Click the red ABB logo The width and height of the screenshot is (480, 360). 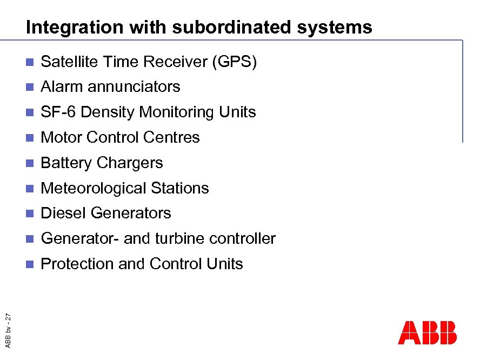pos(427,333)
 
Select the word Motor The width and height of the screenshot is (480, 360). pos(62,138)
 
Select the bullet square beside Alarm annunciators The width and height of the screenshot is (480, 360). pos(30,87)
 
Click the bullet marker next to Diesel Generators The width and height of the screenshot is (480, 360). pos(30,214)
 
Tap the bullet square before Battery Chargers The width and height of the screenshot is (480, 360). pos(30,163)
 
